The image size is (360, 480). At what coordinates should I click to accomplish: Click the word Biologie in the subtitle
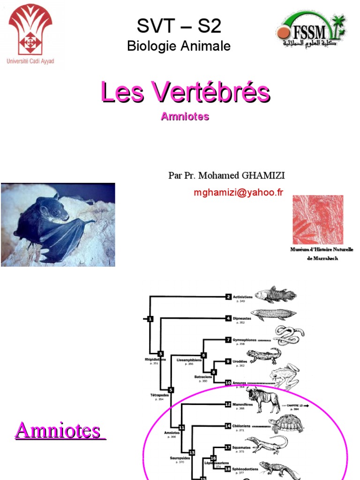coord(150,46)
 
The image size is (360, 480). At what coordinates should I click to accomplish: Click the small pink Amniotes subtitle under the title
coord(185,117)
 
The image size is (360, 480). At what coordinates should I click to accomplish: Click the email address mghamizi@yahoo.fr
coord(238,192)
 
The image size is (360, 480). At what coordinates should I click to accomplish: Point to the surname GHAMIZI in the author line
coord(262,175)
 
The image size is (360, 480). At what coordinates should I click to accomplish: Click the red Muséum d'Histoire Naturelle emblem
coord(318,219)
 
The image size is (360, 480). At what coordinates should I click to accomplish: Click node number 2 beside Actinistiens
coord(228,296)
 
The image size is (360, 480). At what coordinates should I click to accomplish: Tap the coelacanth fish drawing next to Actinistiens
coord(276,294)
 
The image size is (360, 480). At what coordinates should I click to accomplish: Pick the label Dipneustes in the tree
coord(242,319)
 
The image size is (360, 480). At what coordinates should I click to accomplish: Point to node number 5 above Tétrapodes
coord(171,390)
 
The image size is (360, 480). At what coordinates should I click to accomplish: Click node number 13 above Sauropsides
coord(191,451)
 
